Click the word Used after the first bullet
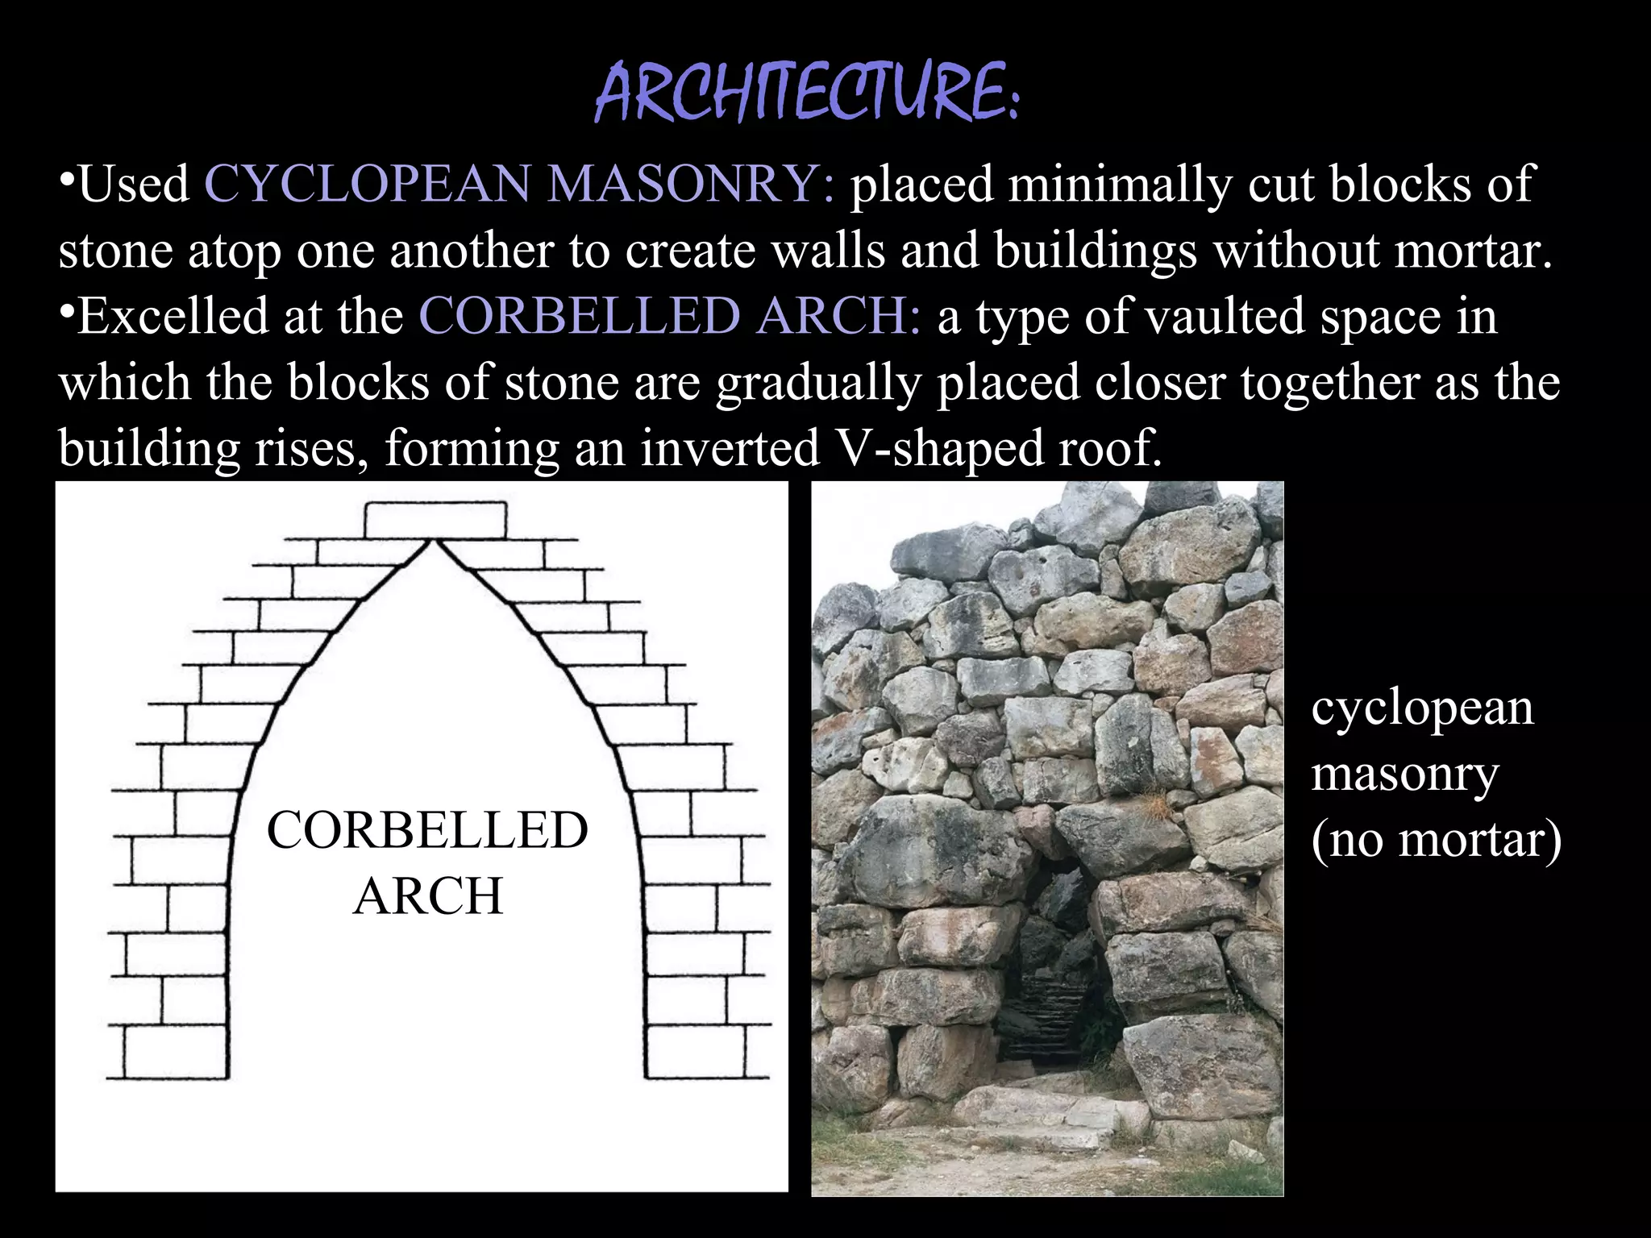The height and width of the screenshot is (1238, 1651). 134,185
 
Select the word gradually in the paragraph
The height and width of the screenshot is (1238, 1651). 817,382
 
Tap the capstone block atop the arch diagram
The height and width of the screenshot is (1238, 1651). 435,520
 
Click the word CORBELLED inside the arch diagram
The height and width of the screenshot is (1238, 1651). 427,831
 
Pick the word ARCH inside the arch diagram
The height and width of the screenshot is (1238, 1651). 428,896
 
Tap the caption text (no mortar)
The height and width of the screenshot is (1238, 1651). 1436,840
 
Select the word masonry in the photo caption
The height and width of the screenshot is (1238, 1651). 1404,775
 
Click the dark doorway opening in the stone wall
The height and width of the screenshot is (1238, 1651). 1048,967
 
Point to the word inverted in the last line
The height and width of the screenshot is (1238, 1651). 730,448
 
